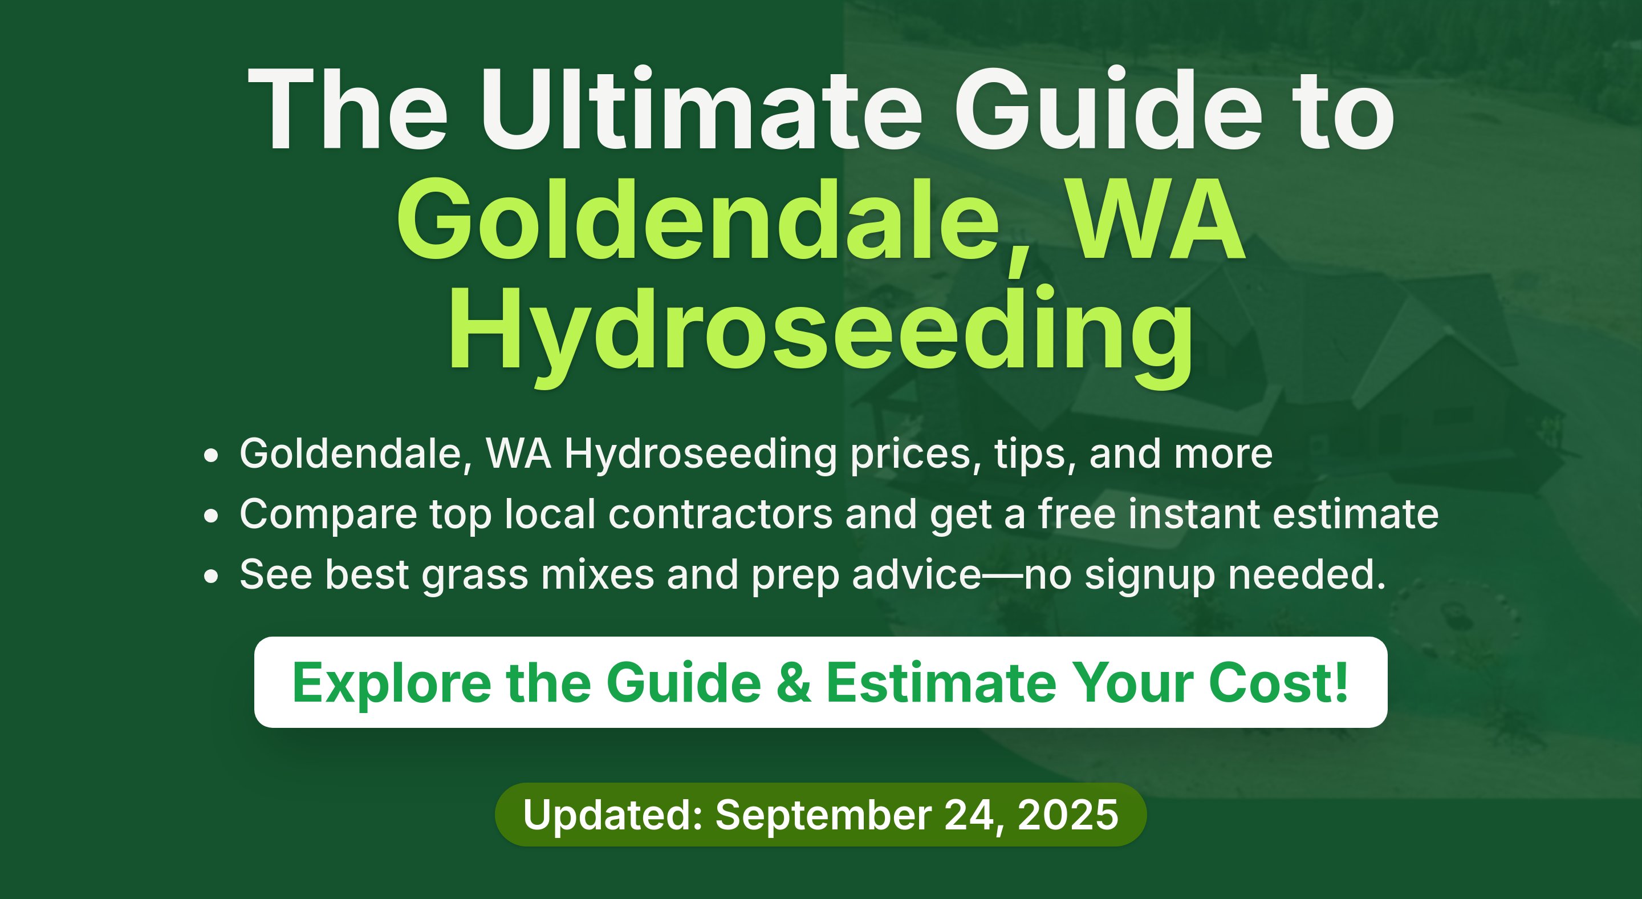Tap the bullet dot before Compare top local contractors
click(x=211, y=516)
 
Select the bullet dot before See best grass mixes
click(x=211, y=576)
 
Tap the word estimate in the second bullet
click(x=1356, y=514)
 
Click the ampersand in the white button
click(x=794, y=683)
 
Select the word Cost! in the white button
click(x=1279, y=683)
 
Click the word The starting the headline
click(x=348, y=108)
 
